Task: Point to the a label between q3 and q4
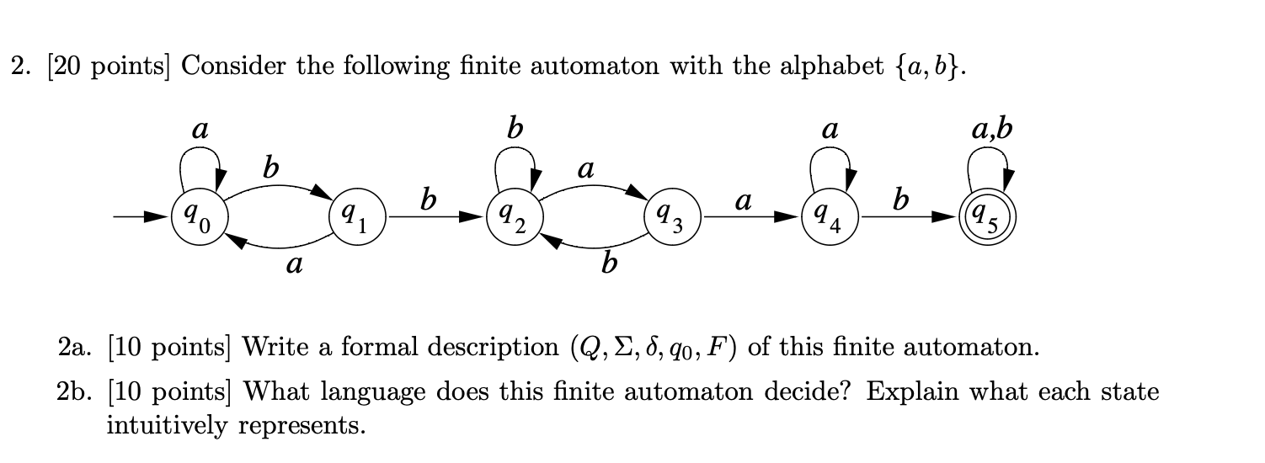[x=742, y=202]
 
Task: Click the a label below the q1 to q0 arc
[x=293, y=267]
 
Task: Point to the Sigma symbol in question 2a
[x=620, y=346]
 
